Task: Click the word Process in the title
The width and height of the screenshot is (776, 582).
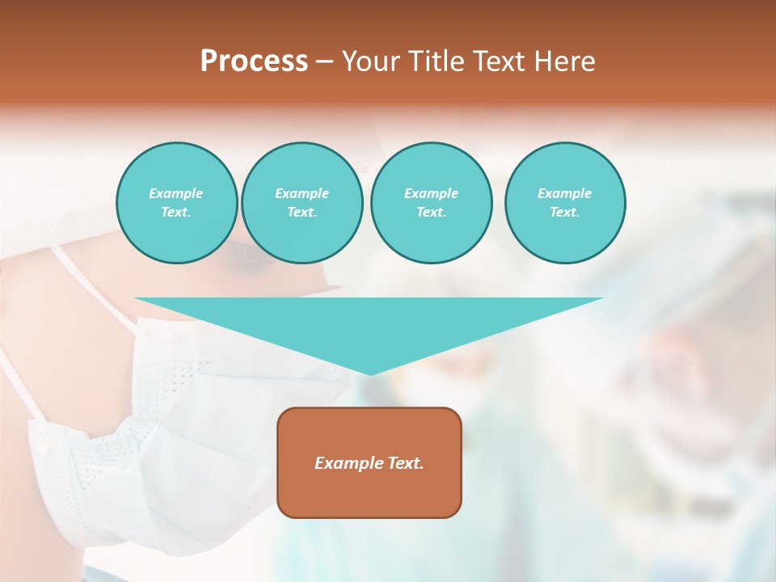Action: pyautogui.click(x=254, y=61)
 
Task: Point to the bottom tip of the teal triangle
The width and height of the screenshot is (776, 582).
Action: pyautogui.click(x=369, y=373)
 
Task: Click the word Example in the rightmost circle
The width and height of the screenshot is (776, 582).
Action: pyautogui.click(x=564, y=193)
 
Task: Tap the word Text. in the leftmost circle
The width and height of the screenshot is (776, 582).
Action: pyautogui.click(x=176, y=212)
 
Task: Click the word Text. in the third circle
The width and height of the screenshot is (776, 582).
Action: pyautogui.click(x=431, y=212)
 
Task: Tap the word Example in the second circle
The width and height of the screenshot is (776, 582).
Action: pyautogui.click(x=302, y=193)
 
